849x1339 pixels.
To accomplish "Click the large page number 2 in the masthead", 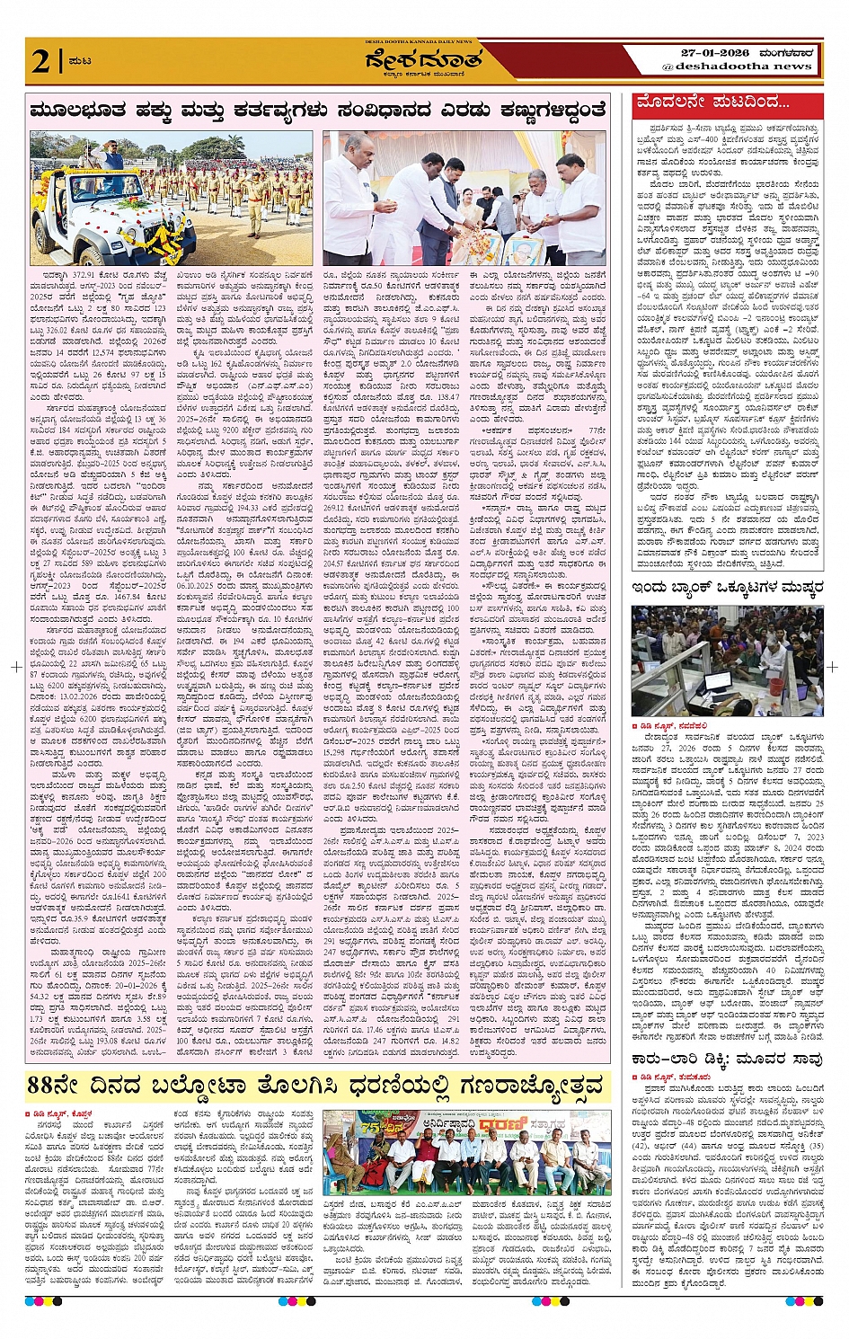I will [x=40, y=61].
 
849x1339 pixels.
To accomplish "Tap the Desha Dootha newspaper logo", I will [x=423, y=62].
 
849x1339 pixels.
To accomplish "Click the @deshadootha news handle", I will [x=737, y=67].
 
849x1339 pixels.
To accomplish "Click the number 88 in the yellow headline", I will [x=49, y=1085].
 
